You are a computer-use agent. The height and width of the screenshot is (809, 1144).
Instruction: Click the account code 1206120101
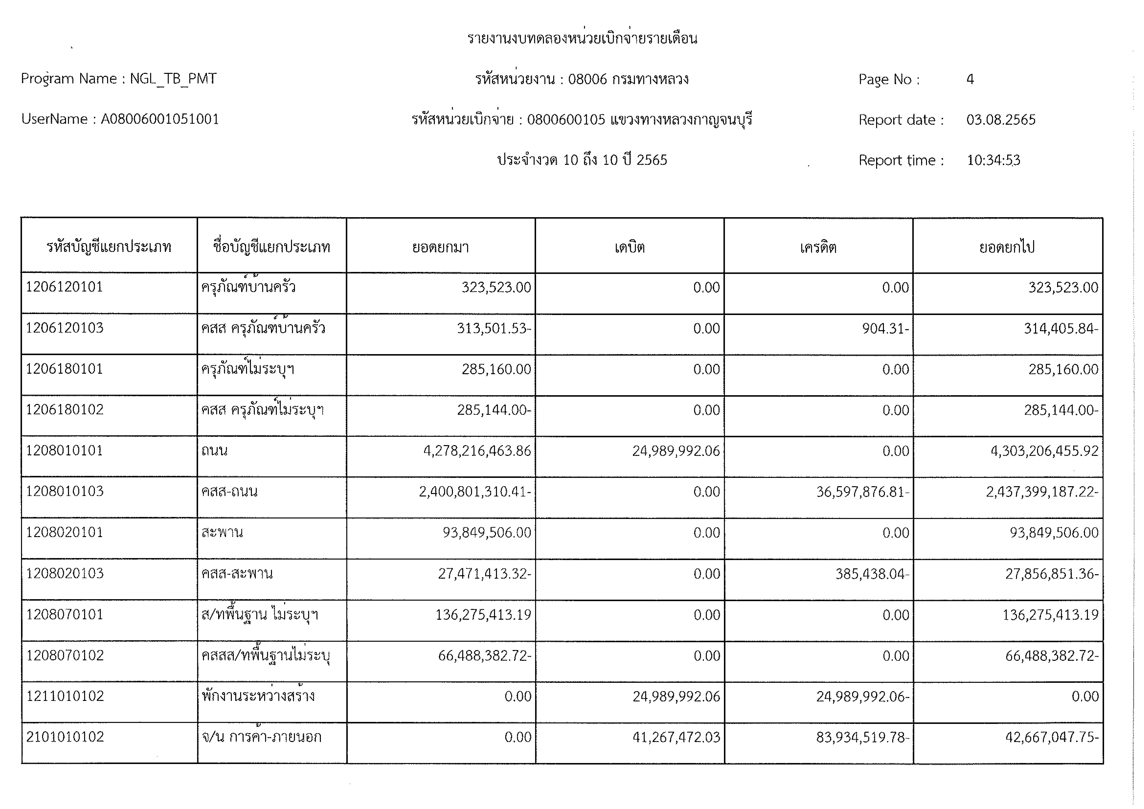(x=64, y=287)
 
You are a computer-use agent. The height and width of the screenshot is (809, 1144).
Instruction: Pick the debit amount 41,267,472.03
(x=676, y=737)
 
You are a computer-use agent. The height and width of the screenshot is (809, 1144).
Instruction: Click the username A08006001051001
(x=160, y=119)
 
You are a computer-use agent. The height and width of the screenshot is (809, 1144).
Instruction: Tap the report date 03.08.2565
(x=1001, y=120)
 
